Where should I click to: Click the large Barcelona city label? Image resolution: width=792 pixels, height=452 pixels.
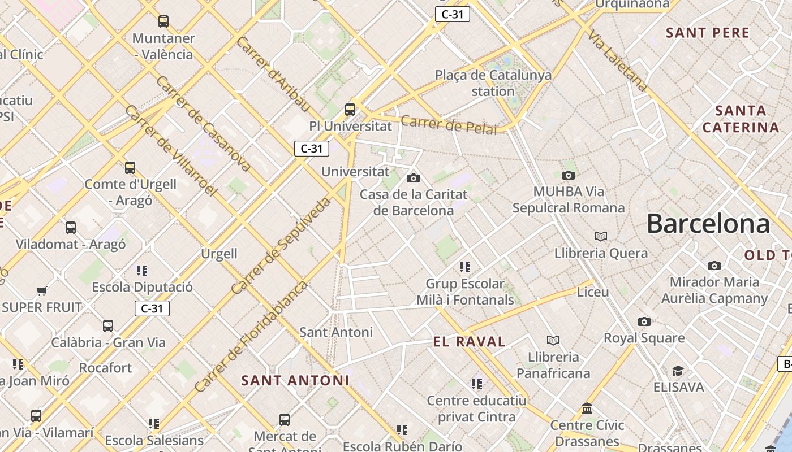tap(708, 224)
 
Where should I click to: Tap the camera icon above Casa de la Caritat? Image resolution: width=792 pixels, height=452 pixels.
tap(414, 178)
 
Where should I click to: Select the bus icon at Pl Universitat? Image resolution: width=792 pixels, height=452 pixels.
tap(350, 110)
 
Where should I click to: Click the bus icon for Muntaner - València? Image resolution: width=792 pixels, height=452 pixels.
tap(163, 21)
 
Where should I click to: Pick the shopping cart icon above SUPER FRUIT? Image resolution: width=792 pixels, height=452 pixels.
tap(41, 292)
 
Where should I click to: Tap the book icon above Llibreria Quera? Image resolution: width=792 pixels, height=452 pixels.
tap(600, 236)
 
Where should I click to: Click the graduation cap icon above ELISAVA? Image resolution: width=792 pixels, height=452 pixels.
tap(678, 371)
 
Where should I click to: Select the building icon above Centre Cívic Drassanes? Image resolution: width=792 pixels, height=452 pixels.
tap(587, 408)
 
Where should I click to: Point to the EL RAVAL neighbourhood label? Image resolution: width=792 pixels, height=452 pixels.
tap(469, 341)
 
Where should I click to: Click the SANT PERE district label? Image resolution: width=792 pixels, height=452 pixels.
tap(707, 33)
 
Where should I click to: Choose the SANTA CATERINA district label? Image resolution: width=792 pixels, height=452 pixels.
tap(741, 119)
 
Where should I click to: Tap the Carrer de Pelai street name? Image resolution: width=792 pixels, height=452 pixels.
tap(449, 125)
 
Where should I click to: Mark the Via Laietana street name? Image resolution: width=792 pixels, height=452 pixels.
tap(617, 61)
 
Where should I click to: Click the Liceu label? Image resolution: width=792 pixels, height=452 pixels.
tap(592, 292)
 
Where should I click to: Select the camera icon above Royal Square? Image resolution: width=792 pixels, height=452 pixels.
tap(644, 321)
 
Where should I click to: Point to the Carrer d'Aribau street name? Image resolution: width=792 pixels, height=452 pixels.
tap(274, 74)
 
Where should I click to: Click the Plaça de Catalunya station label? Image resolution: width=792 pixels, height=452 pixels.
tap(493, 83)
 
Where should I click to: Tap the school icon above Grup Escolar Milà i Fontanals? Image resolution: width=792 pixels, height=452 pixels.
tap(465, 267)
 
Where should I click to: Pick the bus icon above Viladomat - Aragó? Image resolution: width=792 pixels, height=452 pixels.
tap(71, 228)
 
